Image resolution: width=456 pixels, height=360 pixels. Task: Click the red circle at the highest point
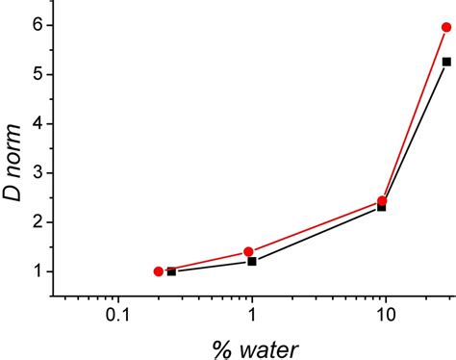pyautogui.click(x=446, y=27)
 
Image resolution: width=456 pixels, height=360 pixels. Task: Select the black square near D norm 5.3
pyautogui.click(x=446, y=62)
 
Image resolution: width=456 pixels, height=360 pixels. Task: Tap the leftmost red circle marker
pyautogui.click(x=158, y=271)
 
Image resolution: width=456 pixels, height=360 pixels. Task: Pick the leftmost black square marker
pyautogui.click(x=171, y=271)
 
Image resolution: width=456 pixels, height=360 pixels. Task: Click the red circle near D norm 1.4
pyautogui.click(x=248, y=251)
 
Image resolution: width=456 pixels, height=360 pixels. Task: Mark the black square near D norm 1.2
pyautogui.click(x=252, y=261)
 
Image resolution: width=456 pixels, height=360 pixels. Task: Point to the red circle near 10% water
pyautogui.click(x=382, y=201)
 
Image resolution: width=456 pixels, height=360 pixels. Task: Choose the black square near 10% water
pyautogui.click(x=382, y=207)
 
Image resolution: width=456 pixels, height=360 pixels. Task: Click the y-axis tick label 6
pyautogui.click(x=35, y=25)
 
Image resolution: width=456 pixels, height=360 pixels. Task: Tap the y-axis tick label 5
pyautogui.click(x=35, y=74)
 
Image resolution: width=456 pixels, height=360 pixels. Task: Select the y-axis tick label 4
pyautogui.click(x=35, y=123)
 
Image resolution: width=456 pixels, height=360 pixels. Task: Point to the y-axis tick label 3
pyautogui.click(x=35, y=172)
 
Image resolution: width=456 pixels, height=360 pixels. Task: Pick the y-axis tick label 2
pyautogui.click(x=35, y=221)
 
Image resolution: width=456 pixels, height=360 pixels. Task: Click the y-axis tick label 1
pyautogui.click(x=35, y=271)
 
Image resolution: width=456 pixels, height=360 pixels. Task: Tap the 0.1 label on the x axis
pyautogui.click(x=117, y=314)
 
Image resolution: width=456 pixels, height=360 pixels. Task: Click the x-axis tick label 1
pyautogui.click(x=252, y=314)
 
